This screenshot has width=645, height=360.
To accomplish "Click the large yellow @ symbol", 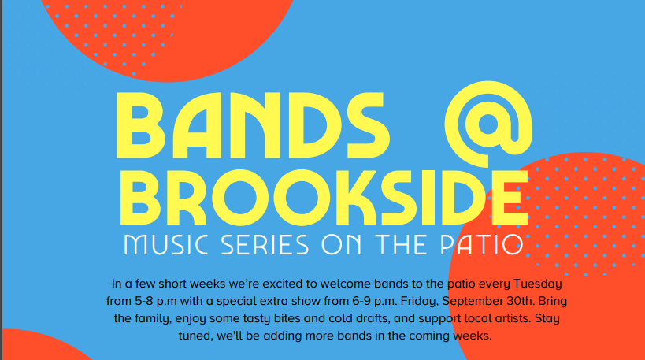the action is point(453,124).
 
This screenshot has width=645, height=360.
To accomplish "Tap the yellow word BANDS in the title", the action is point(253,125).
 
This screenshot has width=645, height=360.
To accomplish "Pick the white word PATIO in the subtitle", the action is point(482,245).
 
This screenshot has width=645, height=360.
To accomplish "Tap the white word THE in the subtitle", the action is point(401,245).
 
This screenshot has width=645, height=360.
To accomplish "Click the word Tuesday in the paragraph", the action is point(538,284).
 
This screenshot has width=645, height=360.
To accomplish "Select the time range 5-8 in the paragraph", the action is point(144,301).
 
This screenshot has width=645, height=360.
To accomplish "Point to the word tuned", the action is point(195,336).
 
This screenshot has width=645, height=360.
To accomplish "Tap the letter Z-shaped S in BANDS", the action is point(368,125).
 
